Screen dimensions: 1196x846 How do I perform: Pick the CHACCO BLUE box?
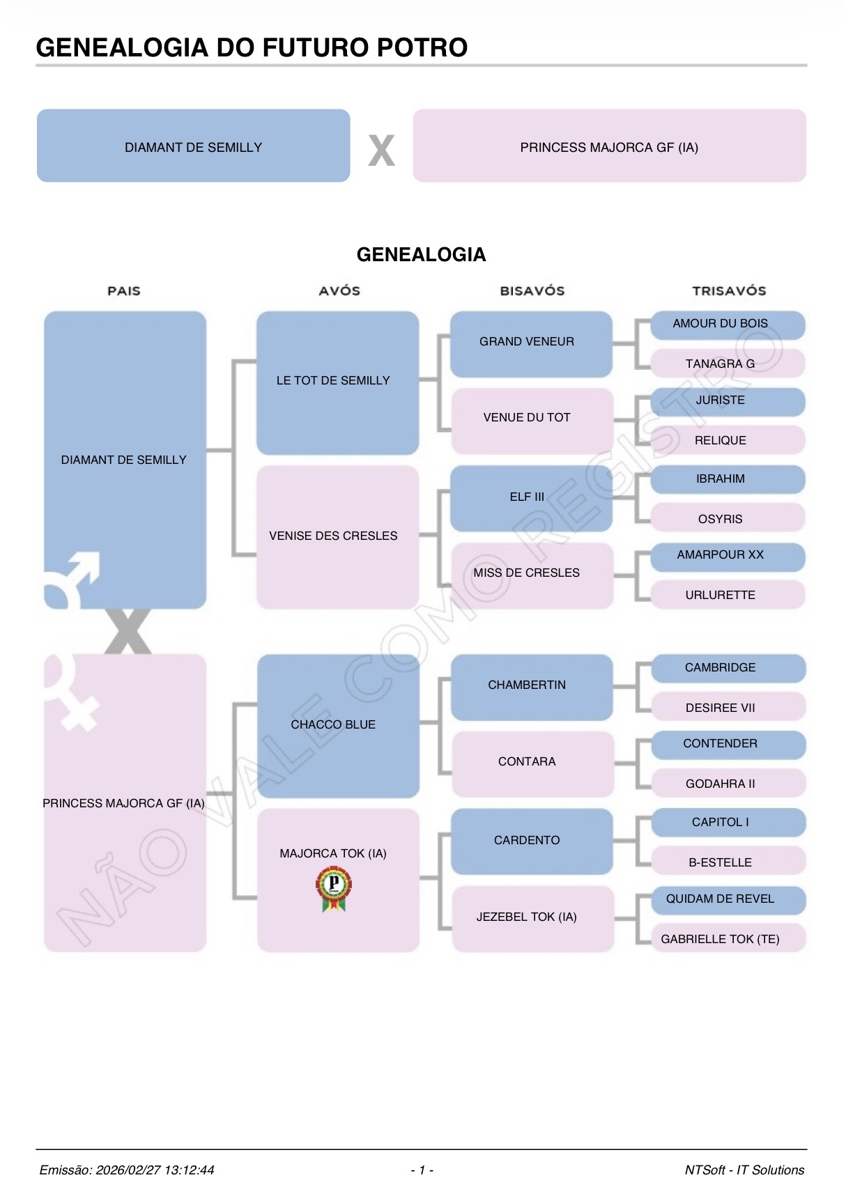337,725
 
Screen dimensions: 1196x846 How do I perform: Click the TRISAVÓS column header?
728,291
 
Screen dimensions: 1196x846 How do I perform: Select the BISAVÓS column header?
532,291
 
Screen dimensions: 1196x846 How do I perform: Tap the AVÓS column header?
339,291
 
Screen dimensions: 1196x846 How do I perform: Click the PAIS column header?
124,291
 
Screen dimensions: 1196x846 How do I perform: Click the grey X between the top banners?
381,150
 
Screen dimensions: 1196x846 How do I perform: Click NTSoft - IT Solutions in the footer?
744,1170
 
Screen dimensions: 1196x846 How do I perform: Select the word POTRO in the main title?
422,47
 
